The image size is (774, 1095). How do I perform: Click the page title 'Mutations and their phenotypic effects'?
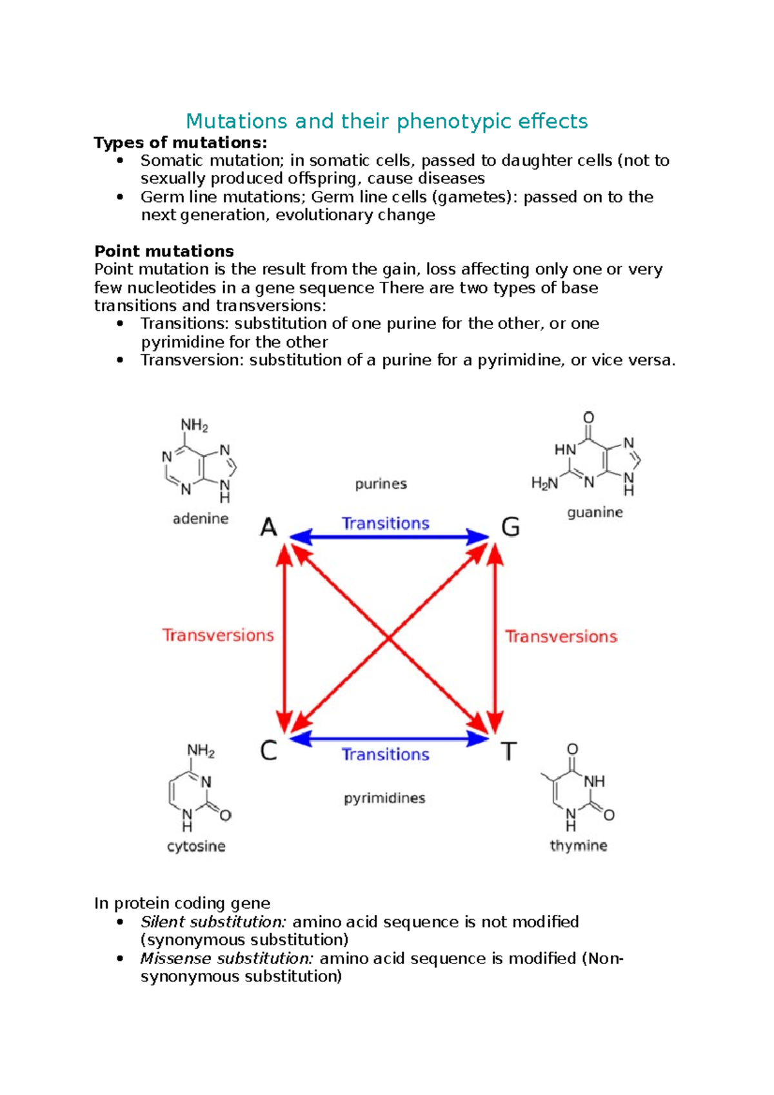(386, 121)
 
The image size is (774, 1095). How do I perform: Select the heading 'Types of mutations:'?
(180, 143)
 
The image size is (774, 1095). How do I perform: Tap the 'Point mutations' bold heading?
(164, 251)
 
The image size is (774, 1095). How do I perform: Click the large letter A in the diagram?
(268, 528)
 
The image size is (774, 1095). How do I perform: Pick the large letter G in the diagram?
(510, 528)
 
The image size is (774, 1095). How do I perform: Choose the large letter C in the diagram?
(268, 751)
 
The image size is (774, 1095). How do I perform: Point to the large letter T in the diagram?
(509, 751)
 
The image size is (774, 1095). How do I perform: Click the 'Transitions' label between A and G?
(385, 523)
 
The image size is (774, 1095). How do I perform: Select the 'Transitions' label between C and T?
(385, 754)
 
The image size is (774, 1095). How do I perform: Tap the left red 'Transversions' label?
(218, 635)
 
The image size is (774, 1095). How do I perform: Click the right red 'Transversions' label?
(561, 636)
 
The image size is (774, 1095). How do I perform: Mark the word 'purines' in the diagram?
(381, 484)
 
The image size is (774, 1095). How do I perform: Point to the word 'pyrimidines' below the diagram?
(384, 798)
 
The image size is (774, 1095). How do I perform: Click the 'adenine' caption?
(201, 518)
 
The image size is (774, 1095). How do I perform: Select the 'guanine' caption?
(595, 513)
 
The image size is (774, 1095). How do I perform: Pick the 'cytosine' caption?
(196, 846)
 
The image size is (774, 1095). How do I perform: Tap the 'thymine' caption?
(579, 845)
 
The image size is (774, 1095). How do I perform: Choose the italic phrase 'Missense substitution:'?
(227, 958)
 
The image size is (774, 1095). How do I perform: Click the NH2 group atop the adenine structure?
(194, 426)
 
